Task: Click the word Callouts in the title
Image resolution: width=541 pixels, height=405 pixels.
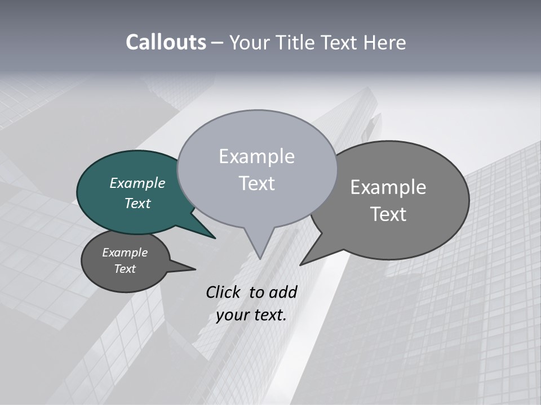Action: (x=166, y=43)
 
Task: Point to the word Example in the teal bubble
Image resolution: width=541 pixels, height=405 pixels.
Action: (x=137, y=183)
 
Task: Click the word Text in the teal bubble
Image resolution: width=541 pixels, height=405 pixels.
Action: (x=137, y=203)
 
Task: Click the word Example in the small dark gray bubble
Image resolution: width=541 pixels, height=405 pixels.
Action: (x=125, y=253)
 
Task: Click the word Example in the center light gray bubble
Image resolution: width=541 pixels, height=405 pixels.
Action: (x=256, y=156)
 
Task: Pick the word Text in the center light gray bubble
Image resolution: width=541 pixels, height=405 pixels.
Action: (x=256, y=183)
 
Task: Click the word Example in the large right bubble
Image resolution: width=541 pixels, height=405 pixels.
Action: (x=388, y=187)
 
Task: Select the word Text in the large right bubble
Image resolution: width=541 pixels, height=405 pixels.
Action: (x=388, y=214)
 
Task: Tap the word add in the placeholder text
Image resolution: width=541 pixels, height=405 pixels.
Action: (x=282, y=292)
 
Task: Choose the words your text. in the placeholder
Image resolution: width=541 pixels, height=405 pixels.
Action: (x=251, y=315)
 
